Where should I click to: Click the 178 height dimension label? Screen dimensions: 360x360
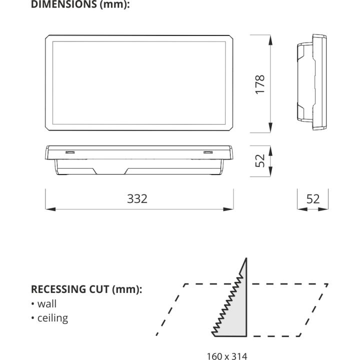pos(260,84)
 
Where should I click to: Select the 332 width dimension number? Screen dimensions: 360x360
pos(137,199)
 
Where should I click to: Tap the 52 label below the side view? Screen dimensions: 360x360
pos(313,199)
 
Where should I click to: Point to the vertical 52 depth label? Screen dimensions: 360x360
pos(260,160)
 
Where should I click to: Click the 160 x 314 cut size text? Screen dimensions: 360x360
pos(227,356)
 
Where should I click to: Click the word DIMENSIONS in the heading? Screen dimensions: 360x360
pos(64,4)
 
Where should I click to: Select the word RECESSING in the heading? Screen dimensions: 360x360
pos(58,289)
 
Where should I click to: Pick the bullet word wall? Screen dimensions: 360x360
pos(47,304)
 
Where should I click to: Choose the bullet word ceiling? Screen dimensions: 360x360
pos(52,318)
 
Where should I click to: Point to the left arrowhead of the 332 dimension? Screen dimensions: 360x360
pos(50,209)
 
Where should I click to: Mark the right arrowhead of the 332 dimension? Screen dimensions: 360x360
pos(228,209)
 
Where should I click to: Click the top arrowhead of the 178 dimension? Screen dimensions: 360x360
pos(270,40)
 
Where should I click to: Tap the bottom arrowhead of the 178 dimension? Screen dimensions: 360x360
pos(270,127)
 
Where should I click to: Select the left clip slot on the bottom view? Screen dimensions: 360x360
pos(70,152)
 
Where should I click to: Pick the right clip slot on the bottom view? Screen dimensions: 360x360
pos(208,152)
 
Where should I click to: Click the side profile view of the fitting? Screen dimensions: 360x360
pos(312,82)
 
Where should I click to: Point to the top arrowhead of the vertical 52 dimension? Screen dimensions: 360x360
pos(270,151)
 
